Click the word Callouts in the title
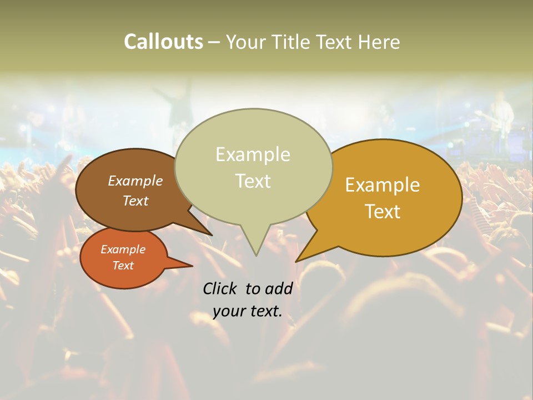tap(163, 42)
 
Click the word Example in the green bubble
tap(253, 154)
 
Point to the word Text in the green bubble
tap(253, 181)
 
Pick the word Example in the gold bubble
tap(383, 185)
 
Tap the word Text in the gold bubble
tap(383, 212)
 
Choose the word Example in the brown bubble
tap(135, 181)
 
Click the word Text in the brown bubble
tap(135, 201)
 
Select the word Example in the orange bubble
tap(123, 249)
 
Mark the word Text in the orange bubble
tap(123, 266)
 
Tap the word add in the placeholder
tap(279, 288)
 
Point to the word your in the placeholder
tap(228, 311)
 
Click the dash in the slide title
tap(214, 42)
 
